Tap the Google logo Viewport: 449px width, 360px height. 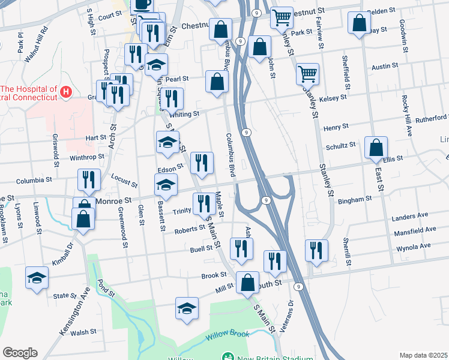(x=20, y=353)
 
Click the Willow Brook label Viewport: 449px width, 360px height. (x=227, y=337)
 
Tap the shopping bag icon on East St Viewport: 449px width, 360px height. (x=376, y=147)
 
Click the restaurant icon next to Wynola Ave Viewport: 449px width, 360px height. (x=316, y=250)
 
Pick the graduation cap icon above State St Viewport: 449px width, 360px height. (x=37, y=278)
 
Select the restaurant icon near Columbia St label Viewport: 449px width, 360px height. (x=88, y=179)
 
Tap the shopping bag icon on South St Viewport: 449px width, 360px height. (x=247, y=282)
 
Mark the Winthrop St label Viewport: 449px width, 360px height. (x=87, y=157)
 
